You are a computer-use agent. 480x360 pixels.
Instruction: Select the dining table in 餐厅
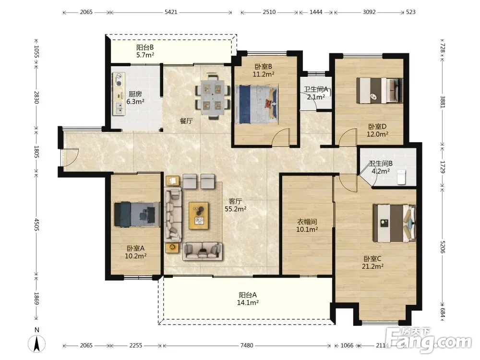[213, 96]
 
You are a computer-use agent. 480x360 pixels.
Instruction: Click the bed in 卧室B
[257, 104]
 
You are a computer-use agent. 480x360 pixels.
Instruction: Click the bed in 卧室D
[380, 90]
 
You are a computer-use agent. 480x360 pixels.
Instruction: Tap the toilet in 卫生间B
[401, 178]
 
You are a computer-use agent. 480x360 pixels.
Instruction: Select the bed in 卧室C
[394, 223]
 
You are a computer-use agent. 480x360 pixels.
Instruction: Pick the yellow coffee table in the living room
[199, 216]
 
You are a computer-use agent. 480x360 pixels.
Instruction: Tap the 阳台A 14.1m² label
[248, 299]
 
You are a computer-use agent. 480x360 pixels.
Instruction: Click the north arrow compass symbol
[37, 344]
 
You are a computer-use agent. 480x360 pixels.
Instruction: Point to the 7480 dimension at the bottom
[247, 345]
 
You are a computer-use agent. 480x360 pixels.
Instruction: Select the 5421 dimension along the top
[171, 12]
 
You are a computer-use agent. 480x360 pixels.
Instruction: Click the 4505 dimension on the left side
[37, 225]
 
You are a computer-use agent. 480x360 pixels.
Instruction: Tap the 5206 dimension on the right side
[443, 247]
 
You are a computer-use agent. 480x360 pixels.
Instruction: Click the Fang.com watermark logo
[429, 340]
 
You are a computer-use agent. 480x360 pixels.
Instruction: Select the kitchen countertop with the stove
[119, 94]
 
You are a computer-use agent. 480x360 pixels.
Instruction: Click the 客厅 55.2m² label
[235, 205]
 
